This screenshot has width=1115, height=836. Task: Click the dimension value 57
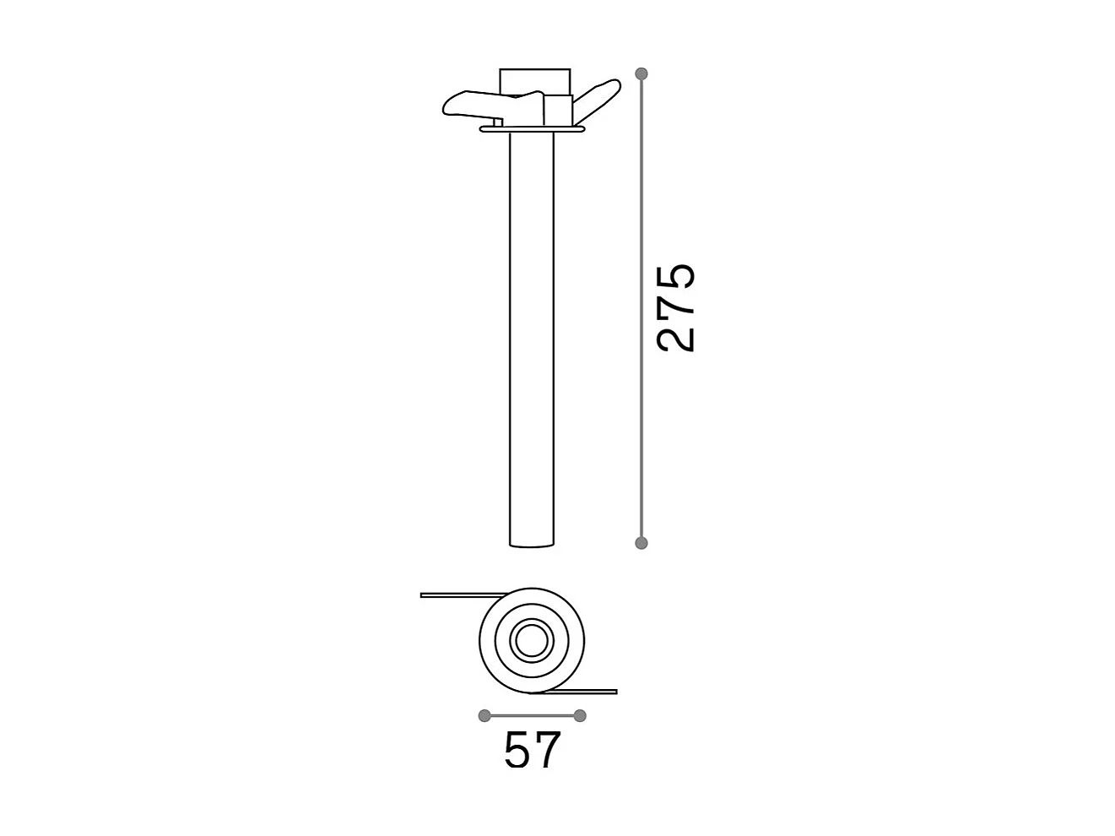point(532,750)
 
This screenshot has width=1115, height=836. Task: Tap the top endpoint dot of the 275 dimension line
point(641,73)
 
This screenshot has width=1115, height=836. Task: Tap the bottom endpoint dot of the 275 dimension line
point(641,542)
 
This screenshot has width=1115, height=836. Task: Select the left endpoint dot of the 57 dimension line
point(484,716)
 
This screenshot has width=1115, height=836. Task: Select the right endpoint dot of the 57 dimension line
point(580,716)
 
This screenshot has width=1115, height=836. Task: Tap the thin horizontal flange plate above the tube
point(532,129)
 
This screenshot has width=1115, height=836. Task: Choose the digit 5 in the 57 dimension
point(517,750)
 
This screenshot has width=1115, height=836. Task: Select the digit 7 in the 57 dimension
point(547,750)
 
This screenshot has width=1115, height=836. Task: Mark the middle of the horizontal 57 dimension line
point(532,716)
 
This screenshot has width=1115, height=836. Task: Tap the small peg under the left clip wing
point(497,122)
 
